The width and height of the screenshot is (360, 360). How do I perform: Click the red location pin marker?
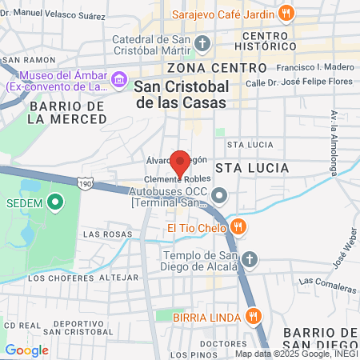(x=180, y=162)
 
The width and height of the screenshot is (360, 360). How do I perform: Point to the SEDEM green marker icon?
(x=54, y=202)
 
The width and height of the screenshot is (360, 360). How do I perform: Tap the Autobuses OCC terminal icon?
(x=222, y=195)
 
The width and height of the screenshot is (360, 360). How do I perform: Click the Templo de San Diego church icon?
(x=250, y=259)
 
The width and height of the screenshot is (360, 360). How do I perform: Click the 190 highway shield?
(x=84, y=184)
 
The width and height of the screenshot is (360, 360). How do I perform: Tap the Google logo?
(x=27, y=350)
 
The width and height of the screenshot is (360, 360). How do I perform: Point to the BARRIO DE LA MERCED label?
(x=67, y=112)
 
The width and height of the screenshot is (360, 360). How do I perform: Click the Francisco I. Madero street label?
(x=307, y=68)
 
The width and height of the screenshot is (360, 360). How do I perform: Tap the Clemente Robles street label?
(x=170, y=179)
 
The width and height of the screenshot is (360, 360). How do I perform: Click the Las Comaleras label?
(x=327, y=282)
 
